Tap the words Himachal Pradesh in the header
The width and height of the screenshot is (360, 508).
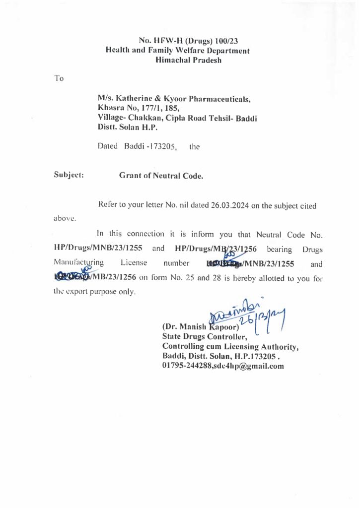(188, 60)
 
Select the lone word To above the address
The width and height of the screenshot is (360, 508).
(59, 78)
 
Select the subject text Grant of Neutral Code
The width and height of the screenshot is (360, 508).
(161, 175)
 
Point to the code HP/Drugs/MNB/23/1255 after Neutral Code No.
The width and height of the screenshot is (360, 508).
(95, 247)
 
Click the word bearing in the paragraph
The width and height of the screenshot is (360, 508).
(282, 247)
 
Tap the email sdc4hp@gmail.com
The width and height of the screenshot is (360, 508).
(252, 366)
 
